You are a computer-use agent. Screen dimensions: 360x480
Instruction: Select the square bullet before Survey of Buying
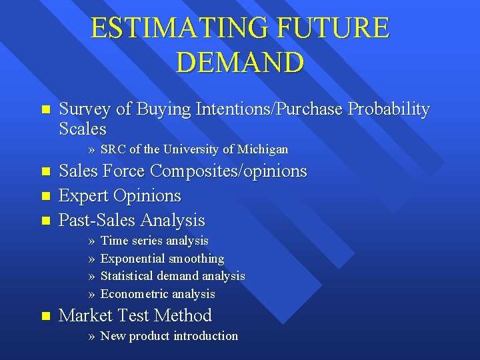click(45, 109)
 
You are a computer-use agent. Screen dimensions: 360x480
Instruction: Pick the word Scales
click(83, 128)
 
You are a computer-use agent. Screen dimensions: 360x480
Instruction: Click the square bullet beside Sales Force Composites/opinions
click(45, 172)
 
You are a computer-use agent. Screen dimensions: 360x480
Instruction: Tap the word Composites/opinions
click(229, 171)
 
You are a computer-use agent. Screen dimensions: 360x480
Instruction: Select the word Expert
click(84, 196)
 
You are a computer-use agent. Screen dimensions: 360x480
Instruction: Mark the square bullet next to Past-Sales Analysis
click(45, 220)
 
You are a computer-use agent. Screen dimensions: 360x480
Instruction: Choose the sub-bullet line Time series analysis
click(154, 241)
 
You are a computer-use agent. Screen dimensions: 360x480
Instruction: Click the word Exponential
click(133, 259)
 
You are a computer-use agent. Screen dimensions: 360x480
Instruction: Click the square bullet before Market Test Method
click(45, 316)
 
